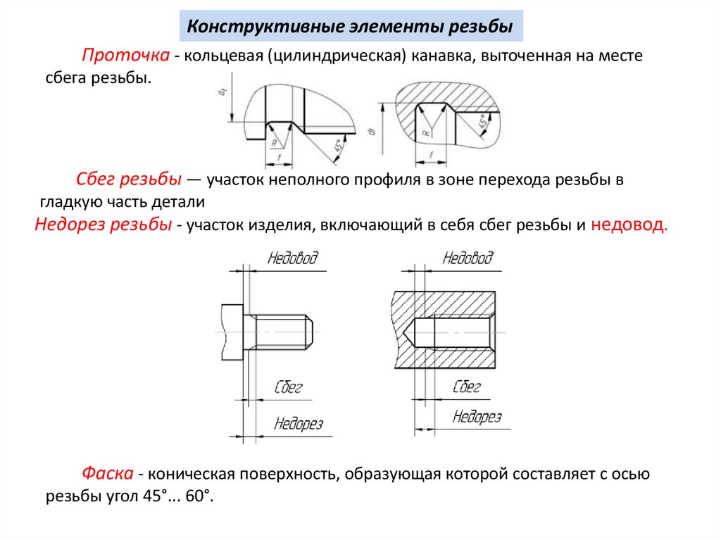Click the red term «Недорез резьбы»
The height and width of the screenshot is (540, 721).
click(x=103, y=225)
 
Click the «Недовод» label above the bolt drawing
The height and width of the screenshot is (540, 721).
click(x=292, y=258)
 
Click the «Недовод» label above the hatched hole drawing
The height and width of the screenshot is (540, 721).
click(x=468, y=258)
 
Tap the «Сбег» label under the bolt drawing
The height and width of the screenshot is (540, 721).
click(x=287, y=387)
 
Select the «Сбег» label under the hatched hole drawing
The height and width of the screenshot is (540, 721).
click(x=466, y=387)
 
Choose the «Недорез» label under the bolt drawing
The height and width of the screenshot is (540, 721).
click(x=298, y=424)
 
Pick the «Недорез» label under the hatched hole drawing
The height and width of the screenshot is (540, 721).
click(x=477, y=417)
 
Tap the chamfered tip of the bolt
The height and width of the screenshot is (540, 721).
click(x=307, y=332)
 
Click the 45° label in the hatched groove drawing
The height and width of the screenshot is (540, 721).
click(x=484, y=121)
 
